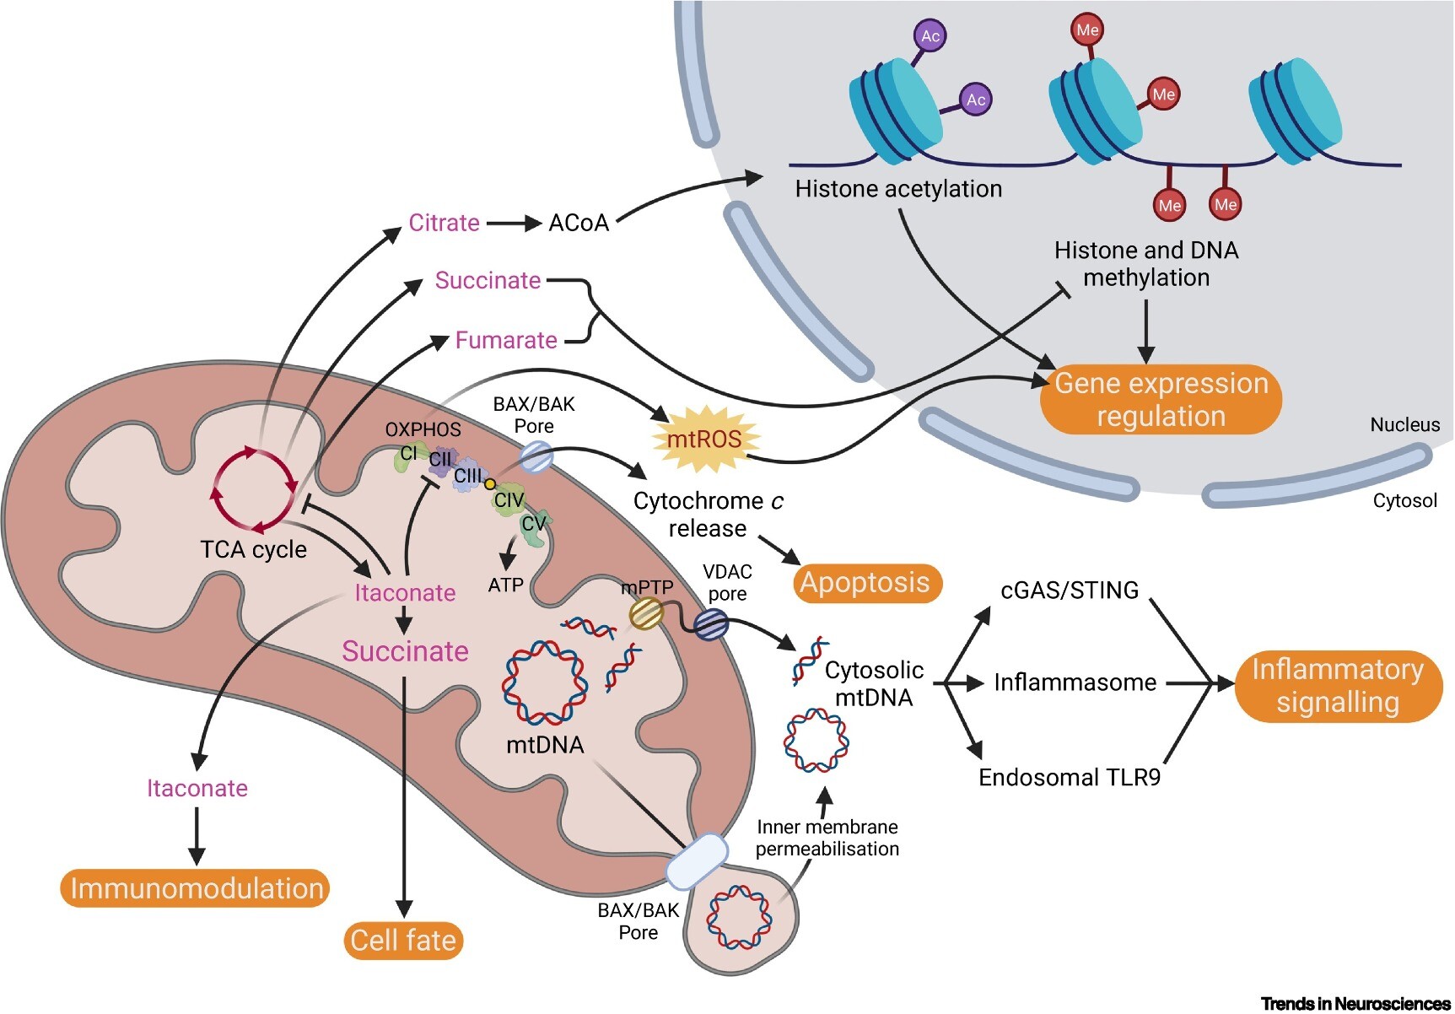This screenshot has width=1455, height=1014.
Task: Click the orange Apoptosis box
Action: click(x=866, y=583)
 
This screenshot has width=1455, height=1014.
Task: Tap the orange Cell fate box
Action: click(x=403, y=940)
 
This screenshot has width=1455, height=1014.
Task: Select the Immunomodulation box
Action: click(x=195, y=888)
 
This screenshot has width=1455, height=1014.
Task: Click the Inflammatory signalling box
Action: click(x=1337, y=686)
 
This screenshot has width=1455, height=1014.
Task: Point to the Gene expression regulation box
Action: click(x=1161, y=400)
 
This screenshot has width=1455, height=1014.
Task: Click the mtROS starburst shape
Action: click(x=705, y=439)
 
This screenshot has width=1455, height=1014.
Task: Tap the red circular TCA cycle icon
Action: click(x=254, y=490)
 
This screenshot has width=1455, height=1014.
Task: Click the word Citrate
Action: click(x=444, y=223)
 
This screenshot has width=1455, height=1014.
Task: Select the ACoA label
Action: click(x=579, y=223)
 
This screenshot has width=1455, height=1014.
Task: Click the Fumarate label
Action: click(x=506, y=340)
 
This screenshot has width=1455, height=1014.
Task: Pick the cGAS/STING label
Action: click(x=1069, y=590)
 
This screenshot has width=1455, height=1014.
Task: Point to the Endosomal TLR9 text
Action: click(x=1069, y=777)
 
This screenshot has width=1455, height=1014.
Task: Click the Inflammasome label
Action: click(x=1075, y=682)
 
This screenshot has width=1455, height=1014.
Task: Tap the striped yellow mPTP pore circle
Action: click(x=647, y=613)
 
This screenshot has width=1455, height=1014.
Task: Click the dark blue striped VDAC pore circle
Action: click(x=710, y=625)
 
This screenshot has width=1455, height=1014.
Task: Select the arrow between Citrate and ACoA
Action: click(x=513, y=224)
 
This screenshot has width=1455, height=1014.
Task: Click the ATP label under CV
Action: click(x=505, y=585)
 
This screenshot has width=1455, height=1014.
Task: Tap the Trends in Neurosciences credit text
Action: click(x=1355, y=1003)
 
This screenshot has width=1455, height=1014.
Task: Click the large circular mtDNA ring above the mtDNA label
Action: click(x=544, y=683)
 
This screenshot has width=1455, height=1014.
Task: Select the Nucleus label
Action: click(x=1404, y=424)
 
